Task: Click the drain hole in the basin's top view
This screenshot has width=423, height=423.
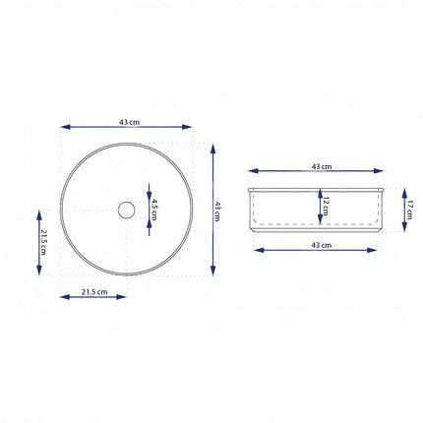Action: (126, 210)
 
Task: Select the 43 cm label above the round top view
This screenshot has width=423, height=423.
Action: (128, 121)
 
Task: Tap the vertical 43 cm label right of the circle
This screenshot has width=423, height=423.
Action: (218, 211)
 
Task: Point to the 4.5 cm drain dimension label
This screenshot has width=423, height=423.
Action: (155, 210)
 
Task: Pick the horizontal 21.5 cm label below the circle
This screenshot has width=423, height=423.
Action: (93, 290)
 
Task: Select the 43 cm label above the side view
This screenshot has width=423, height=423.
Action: (321, 167)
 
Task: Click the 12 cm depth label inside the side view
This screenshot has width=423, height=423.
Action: (325, 207)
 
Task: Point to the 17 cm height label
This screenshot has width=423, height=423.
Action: (408, 209)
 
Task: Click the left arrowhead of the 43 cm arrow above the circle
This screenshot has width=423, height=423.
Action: (64, 127)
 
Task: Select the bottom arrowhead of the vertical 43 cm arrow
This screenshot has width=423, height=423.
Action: (211, 272)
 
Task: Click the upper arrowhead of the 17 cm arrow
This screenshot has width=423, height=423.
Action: (400, 192)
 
